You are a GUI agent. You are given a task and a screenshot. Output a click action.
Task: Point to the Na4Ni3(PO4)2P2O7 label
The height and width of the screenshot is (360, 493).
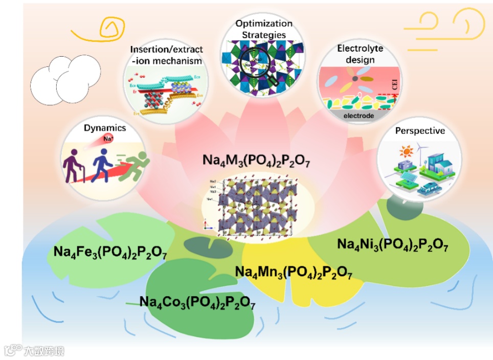point(393,244)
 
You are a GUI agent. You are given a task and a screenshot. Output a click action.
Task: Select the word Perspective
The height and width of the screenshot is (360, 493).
point(420,131)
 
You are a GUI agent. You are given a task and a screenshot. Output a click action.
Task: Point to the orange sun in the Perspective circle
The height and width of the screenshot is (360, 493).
point(407,152)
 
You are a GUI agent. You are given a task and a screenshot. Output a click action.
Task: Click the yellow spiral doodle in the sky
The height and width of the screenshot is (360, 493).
point(109,25)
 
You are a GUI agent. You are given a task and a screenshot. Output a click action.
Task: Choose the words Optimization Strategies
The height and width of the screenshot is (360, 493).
point(264,29)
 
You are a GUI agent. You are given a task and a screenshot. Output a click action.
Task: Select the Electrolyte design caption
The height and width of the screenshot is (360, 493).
point(360,54)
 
